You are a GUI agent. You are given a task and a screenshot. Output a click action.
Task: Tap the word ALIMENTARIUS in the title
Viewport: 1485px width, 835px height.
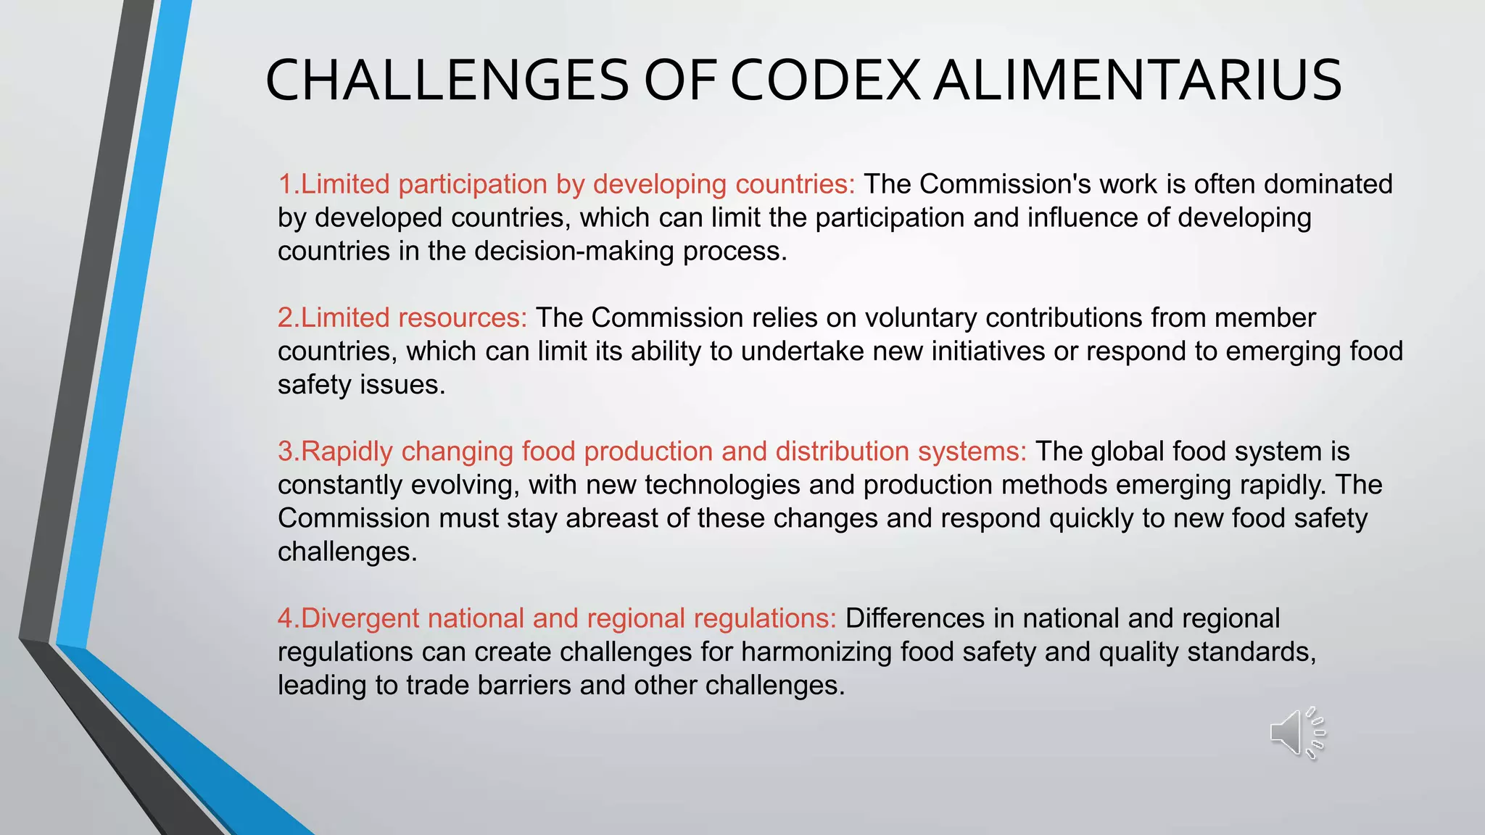(x=1137, y=80)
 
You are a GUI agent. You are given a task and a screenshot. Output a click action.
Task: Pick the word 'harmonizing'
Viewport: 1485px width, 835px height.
(x=796, y=652)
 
